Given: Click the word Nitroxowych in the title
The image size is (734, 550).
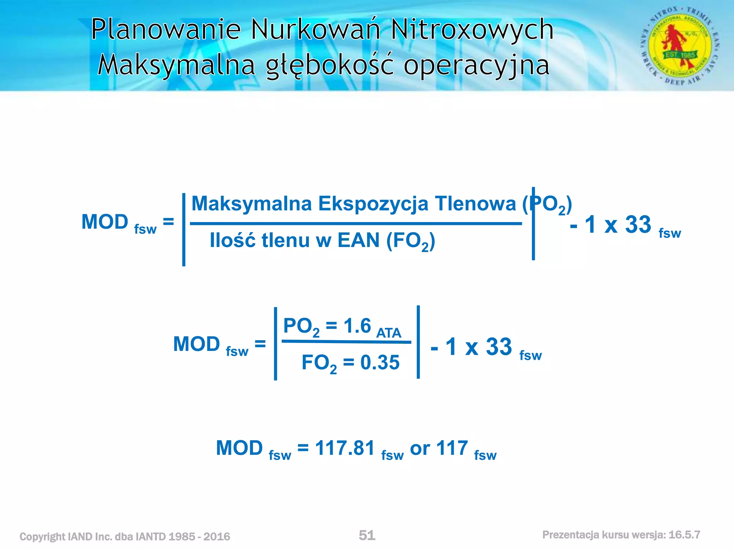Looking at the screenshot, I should (x=472, y=29).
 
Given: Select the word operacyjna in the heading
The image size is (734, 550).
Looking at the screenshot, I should (x=476, y=66).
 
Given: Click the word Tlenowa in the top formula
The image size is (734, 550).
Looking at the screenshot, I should (x=475, y=203).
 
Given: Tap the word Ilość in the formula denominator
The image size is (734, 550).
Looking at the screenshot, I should (x=233, y=240).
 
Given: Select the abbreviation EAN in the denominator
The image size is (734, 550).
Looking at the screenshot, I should (x=358, y=240).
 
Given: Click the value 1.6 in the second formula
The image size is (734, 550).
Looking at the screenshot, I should (x=357, y=326).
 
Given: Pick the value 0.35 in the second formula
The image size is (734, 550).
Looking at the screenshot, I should (x=380, y=362).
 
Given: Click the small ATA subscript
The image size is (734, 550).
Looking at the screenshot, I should (x=389, y=333).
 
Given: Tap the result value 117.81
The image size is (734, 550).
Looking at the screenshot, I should (x=345, y=448).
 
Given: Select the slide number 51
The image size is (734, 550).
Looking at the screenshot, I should (x=367, y=535).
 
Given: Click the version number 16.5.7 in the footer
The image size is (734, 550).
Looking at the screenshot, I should (x=684, y=535).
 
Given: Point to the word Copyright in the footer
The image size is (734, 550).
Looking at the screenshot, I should (x=42, y=536).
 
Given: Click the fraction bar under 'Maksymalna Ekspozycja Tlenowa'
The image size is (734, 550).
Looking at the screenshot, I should (x=356, y=224).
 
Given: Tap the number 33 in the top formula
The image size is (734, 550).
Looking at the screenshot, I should (x=638, y=225).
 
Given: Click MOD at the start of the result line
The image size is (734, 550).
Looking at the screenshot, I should (x=239, y=448).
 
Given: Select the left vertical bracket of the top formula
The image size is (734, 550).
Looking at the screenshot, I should (x=184, y=230).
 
